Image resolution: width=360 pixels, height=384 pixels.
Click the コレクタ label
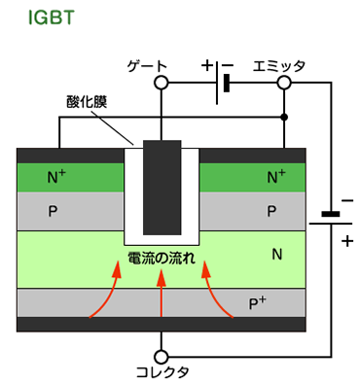pos(162,371)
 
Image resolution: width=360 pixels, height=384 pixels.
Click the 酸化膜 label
pos(86,102)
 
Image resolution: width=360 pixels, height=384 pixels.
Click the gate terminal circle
pos(162,84)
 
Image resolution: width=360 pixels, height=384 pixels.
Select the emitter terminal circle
pos(284,84)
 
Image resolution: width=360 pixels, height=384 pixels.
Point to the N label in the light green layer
pos(276,256)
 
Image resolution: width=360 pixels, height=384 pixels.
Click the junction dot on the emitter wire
pos(284,117)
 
